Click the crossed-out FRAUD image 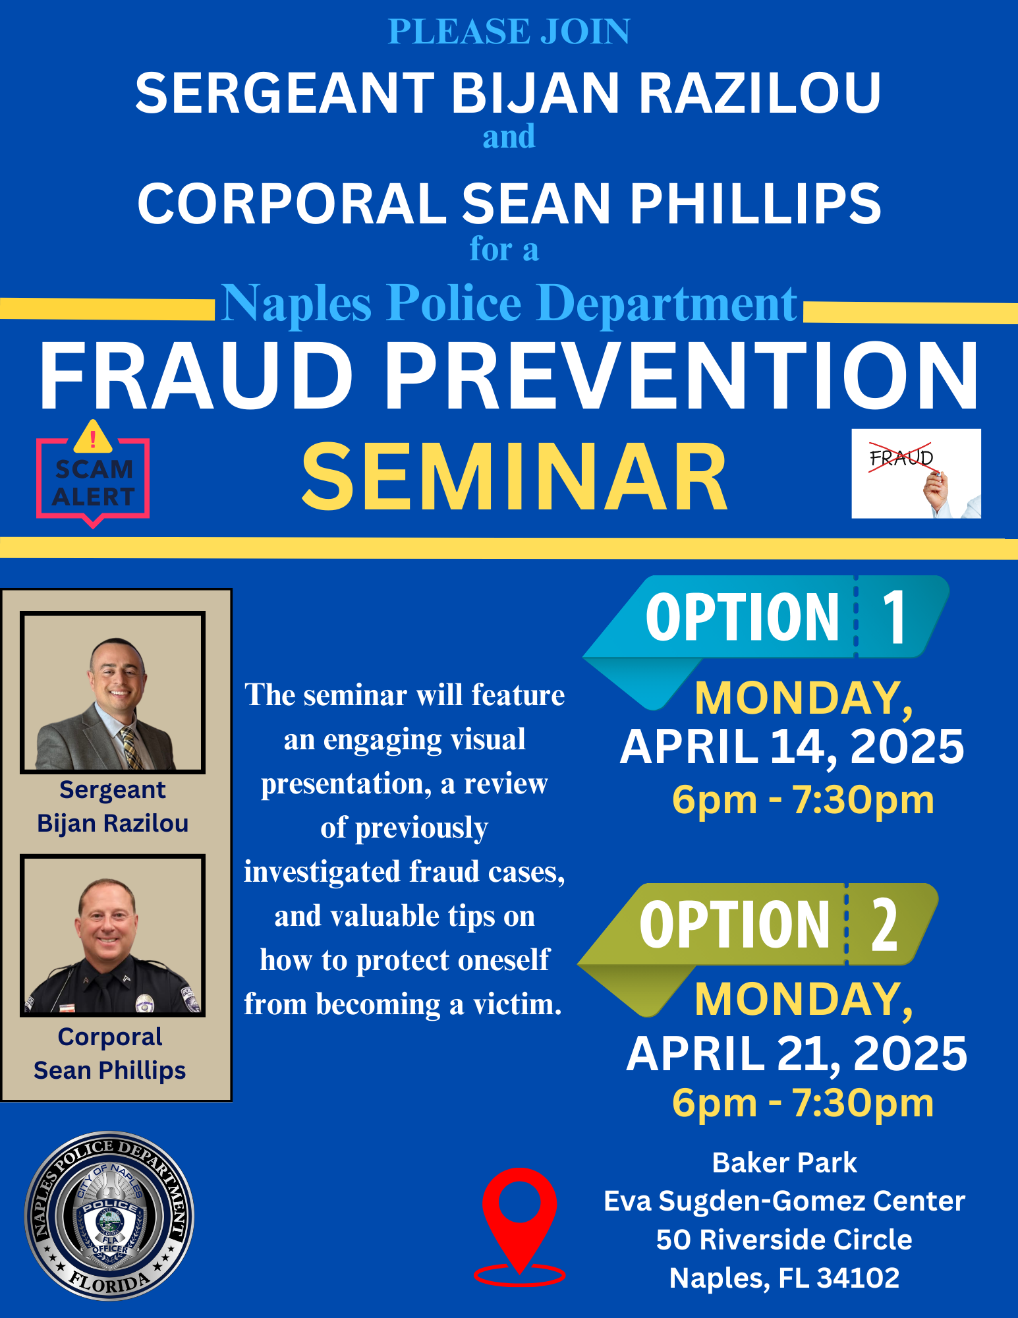[x=916, y=473]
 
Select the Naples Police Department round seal [x=109, y=1216]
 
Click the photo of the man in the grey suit [x=113, y=692]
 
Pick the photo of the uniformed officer [x=113, y=936]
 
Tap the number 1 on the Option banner [x=894, y=617]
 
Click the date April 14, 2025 [x=792, y=747]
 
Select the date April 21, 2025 [x=797, y=1054]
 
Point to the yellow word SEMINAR [x=515, y=476]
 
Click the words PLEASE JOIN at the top [x=509, y=32]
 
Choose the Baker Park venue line [x=784, y=1163]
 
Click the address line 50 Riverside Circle [x=784, y=1240]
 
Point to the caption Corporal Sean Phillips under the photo [x=110, y=1054]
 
